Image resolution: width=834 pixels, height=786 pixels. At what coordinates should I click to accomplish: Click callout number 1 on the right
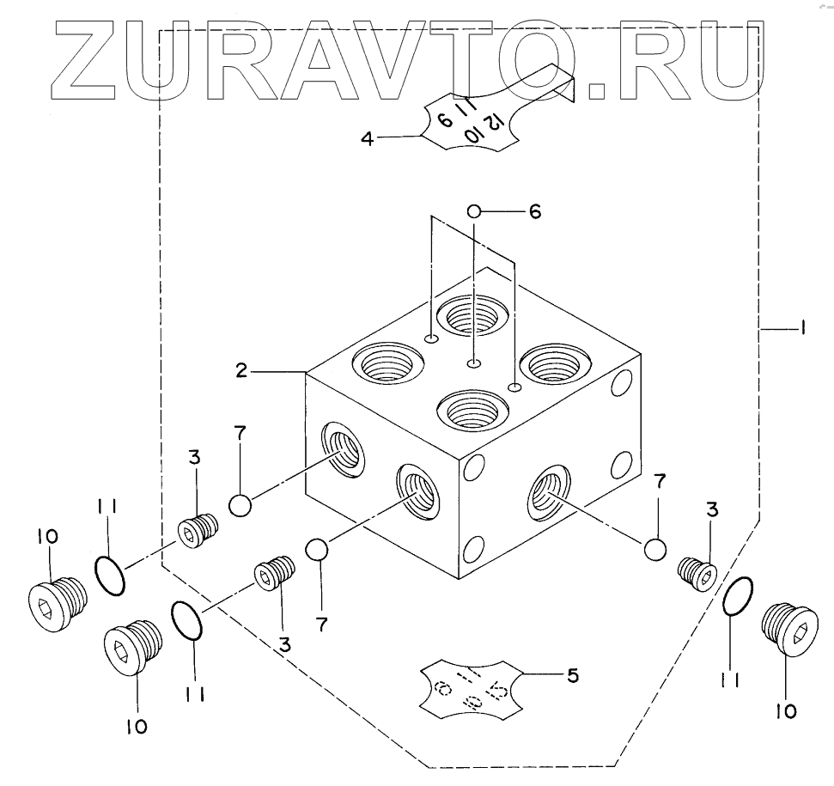[x=801, y=327]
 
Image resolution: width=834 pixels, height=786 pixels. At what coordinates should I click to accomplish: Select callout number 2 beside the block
[x=242, y=370]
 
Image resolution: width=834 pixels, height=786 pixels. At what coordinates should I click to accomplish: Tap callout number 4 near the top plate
[x=367, y=137]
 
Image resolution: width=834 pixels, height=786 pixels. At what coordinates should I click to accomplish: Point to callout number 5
[x=571, y=675]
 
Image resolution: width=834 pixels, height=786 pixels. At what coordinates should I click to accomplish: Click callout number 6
[x=534, y=211]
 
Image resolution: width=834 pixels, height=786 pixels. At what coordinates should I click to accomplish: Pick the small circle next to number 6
[x=473, y=210]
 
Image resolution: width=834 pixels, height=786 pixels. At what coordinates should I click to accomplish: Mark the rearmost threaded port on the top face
[x=468, y=319]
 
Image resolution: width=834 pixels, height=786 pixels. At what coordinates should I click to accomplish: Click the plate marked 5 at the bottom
[x=471, y=685]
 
